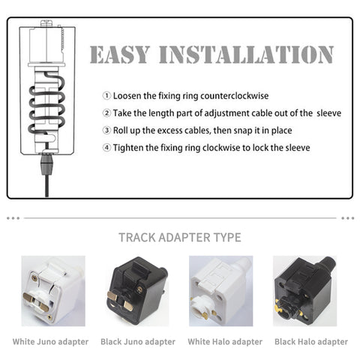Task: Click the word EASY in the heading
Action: tap(119, 55)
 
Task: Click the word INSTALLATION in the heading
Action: tap(247, 55)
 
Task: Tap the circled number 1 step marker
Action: tap(106, 96)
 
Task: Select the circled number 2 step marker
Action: tap(106, 113)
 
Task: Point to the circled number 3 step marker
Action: tap(106, 130)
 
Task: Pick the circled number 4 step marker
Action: tap(106, 148)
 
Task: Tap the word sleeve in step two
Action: tap(328, 113)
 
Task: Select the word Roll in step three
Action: tap(119, 130)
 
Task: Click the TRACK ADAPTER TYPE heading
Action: tap(180, 238)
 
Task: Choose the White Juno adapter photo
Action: tap(53, 291)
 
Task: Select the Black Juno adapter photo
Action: tap(137, 291)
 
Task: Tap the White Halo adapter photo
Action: tap(221, 291)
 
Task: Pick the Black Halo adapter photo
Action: tap(305, 291)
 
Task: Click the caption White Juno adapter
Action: tap(50, 342)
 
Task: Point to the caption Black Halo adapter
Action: tap(311, 342)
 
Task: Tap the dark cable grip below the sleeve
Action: tap(46, 164)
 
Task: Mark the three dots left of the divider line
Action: tap(13, 218)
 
